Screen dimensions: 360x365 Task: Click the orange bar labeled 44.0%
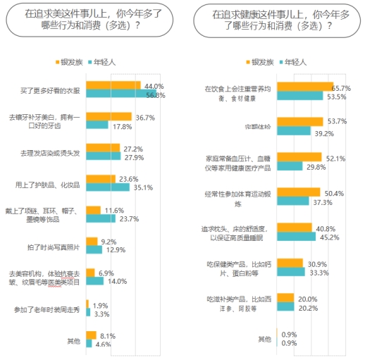click(113, 86)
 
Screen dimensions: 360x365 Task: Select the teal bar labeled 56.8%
click(120, 94)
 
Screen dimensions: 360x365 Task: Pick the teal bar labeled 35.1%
click(108, 187)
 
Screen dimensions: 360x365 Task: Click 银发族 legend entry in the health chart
click(261, 62)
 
